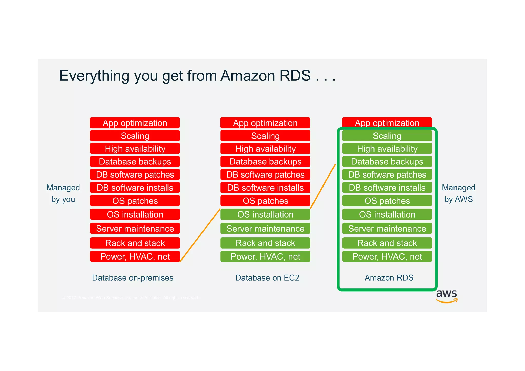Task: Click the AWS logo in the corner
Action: (447, 296)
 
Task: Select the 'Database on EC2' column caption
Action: (267, 278)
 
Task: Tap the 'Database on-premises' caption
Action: (133, 278)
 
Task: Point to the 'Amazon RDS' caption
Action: (389, 278)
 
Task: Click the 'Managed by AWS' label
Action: (458, 193)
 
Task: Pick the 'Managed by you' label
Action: (63, 193)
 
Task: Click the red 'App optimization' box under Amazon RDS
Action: (387, 122)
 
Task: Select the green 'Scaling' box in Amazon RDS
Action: (387, 136)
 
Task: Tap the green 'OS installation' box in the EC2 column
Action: (265, 214)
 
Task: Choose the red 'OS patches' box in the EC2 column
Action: (265, 201)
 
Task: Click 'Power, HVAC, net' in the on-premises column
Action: (135, 256)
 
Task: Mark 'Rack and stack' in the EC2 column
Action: (265, 243)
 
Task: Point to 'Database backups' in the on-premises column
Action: (135, 162)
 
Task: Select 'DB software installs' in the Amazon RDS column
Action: (387, 188)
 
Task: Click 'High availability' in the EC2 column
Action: (265, 149)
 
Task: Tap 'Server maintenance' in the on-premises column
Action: (135, 229)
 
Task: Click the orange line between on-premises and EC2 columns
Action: (200, 235)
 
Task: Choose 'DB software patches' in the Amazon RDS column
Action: (387, 174)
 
